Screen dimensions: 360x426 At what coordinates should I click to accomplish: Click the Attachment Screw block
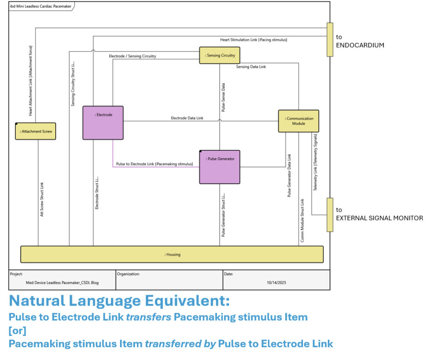pyautogui.click(x=35, y=132)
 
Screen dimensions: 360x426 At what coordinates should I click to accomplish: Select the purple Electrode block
pyautogui.click(x=103, y=122)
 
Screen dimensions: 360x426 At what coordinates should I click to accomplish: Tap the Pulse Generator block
pyautogui.click(x=220, y=166)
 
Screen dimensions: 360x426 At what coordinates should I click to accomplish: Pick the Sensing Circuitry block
pyautogui.click(x=220, y=55)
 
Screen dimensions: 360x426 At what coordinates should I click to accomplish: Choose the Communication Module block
pyautogui.click(x=298, y=121)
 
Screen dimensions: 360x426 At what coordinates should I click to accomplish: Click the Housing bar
pyautogui.click(x=172, y=254)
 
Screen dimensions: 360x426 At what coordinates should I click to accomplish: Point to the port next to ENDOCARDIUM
pyautogui.click(x=330, y=40)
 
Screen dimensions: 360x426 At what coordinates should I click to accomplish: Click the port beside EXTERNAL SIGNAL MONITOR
pyautogui.click(x=330, y=215)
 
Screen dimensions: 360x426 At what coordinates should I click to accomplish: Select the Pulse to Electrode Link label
pyautogui.click(x=154, y=164)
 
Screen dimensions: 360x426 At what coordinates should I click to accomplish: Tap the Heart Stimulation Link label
pyautogui.click(x=254, y=40)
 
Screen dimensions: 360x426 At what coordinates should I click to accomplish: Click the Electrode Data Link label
pyautogui.click(x=187, y=118)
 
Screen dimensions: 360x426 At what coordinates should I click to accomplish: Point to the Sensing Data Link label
pyautogui.click(x=251, y=67)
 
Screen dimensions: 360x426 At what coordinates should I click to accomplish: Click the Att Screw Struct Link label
pyautogui.click(x=42, y=199)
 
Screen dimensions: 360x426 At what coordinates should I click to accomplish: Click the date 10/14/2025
pyautogui.click(x=276, y=283)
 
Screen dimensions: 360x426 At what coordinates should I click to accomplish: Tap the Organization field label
pyautogui.click(x=128, y=274)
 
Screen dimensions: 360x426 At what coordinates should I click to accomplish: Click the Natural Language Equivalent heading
pyautogui.click(x=119, y=300)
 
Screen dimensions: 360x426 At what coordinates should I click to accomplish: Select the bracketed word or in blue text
pyautogui.click(x=17, y=331)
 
